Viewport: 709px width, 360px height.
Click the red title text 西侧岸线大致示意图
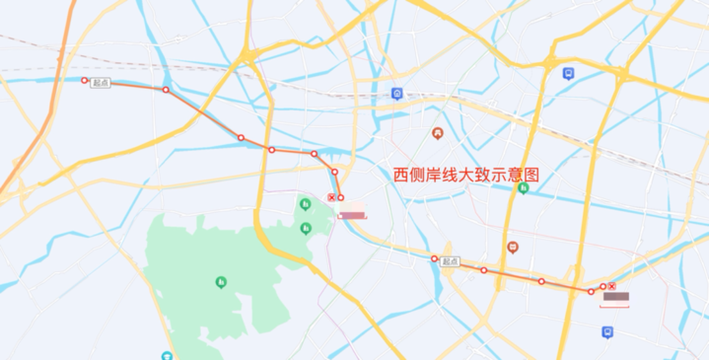(x=466, y=174)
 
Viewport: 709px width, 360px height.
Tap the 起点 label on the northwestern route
(x=101, y=83)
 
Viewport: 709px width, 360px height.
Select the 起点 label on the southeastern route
(x=450, y=261)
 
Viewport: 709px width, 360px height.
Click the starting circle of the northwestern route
(x=85, y=80)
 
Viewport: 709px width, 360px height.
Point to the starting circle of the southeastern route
(x=434, y=258)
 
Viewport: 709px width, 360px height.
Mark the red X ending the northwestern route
(x=330, y=197)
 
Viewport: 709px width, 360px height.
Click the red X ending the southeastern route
(x=611, y=286)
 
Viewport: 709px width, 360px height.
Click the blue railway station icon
(x=395, y=95)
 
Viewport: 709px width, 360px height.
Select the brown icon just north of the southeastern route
(x=512, y=247)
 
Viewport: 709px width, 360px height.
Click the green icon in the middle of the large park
(x=220, y=282)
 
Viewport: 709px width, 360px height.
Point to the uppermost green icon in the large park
(x=305, y=204)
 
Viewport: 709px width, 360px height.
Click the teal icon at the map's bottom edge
(x=168, y=356)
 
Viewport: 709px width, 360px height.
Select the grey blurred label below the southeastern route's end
(x=616, y=297)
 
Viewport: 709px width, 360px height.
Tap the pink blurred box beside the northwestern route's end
(x=352, y=212)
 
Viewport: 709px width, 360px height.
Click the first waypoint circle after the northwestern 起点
(x=166, y=91)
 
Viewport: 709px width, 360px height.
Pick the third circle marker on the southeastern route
(x=541, y=281)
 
